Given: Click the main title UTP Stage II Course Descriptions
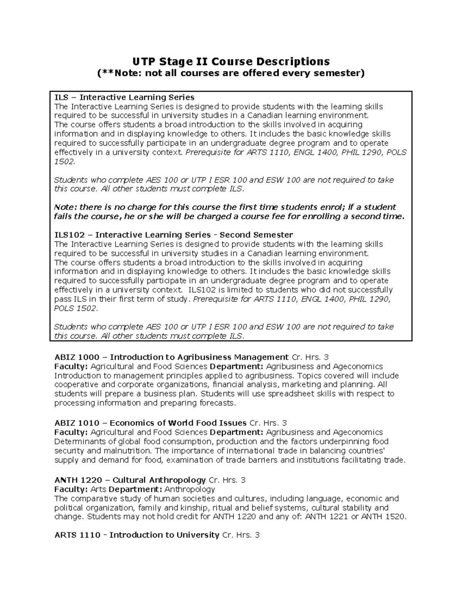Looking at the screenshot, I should coord(231,61).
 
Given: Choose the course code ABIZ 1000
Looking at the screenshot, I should coord(77,357).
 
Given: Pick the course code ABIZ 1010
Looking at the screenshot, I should coord(77,423).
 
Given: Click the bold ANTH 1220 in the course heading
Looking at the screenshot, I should coord(78,480).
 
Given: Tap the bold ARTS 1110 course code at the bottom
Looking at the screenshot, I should coord(77,535).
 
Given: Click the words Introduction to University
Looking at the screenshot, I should coord(164,535).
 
